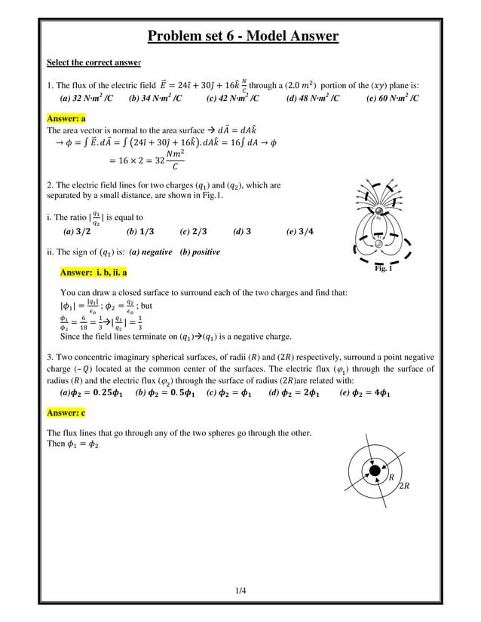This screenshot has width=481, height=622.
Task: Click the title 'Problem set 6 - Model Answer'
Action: [x=242, y=36]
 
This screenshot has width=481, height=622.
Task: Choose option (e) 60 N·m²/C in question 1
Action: [x=392, y=98]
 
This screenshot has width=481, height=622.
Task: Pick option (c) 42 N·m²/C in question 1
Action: [x=233, y=98]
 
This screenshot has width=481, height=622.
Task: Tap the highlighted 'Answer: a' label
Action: [x=66, y=118]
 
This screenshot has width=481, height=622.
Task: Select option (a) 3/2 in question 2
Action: [x=78, y=232]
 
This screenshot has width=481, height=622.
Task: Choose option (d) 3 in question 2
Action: [x=242, y=232]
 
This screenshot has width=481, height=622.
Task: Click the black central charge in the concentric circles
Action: [x=374, y=471]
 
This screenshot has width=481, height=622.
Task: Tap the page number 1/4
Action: [x=240, y=591]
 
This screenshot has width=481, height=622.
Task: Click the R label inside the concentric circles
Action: [x=391, y=477]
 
